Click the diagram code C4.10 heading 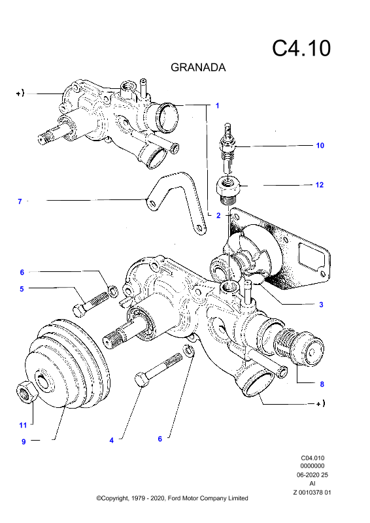[x=301, y=48]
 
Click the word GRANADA [x=198, y=67]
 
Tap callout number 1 [x=217, y=106]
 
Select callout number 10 [x=320, y=145]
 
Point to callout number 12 [x=320, y=185]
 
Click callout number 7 [x=20, y=201]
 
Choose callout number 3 [x=321, y=305]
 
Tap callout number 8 [x=322, y=384]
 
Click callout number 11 [x=23, y=426]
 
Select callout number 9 [x=24, y=442]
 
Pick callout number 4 [x=111, y=441]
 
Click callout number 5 [x=22, y=289]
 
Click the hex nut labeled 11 [x=27, y=392]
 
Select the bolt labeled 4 [x=158, y=370]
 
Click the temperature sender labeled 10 [x=227, y=148]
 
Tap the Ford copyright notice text [x=172, y=498]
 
